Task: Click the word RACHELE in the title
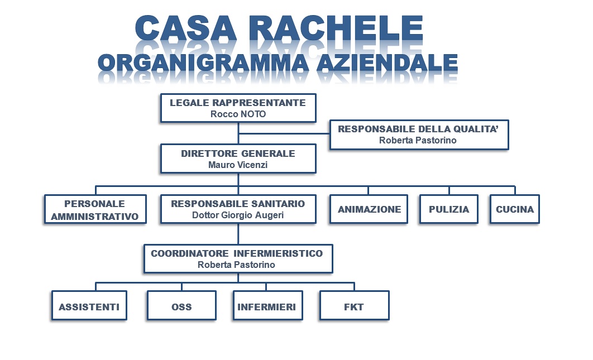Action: click(x=336, y=28)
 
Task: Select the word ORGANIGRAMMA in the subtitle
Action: click(x=203, y=63)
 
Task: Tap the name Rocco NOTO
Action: click(x=238, y=114)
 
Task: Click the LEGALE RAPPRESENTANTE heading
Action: click(x=238, y=103)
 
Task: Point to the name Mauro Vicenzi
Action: click(x=238, y=165)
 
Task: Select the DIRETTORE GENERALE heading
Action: click(x=238, y=153)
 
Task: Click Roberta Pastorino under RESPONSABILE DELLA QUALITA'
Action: click(x=418, y=140)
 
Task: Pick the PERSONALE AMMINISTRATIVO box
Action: click(x=95, y=209)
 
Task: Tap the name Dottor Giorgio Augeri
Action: click(x=238, y=215)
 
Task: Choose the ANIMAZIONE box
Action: click(x=369, y=209)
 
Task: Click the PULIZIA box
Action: click(x=449, y=209)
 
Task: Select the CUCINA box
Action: click(x=515, y=209)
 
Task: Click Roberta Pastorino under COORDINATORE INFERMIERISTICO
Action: click(x=236, y=265)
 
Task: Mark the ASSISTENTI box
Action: click(x=89, y=305)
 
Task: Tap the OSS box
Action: click(x=182, y=305)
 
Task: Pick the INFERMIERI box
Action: click(x=268, y=305)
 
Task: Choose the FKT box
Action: click(x=355, y=305)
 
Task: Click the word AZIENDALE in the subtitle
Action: click(x=387, y=63)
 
